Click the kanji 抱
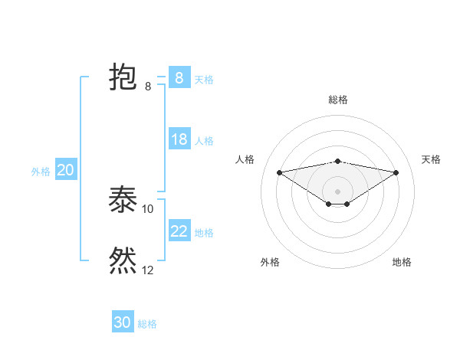(x=123, y=77)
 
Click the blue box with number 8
(x=179, y=78)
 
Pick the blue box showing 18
(x=179, y=139)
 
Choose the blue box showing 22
(x=179, y=231)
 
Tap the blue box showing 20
(x=65, y=170)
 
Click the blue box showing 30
(x=122, y=322)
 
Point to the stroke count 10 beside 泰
(x=148, y=208)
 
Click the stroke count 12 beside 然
(x=148, y=270)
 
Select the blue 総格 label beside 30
(x=147, y=324)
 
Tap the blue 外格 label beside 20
(x=41, y=172)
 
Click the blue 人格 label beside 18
(x=204, y=141)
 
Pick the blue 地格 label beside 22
(x=204, y=233)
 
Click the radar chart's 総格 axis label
(x=337, y=100)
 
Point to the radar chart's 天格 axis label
(x=431, y=159)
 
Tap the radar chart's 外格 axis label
(x=270, y=262)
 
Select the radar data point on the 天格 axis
(x=396, y=172)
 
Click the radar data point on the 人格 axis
(x=279, y=172)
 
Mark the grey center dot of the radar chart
(x=337, y=191)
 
